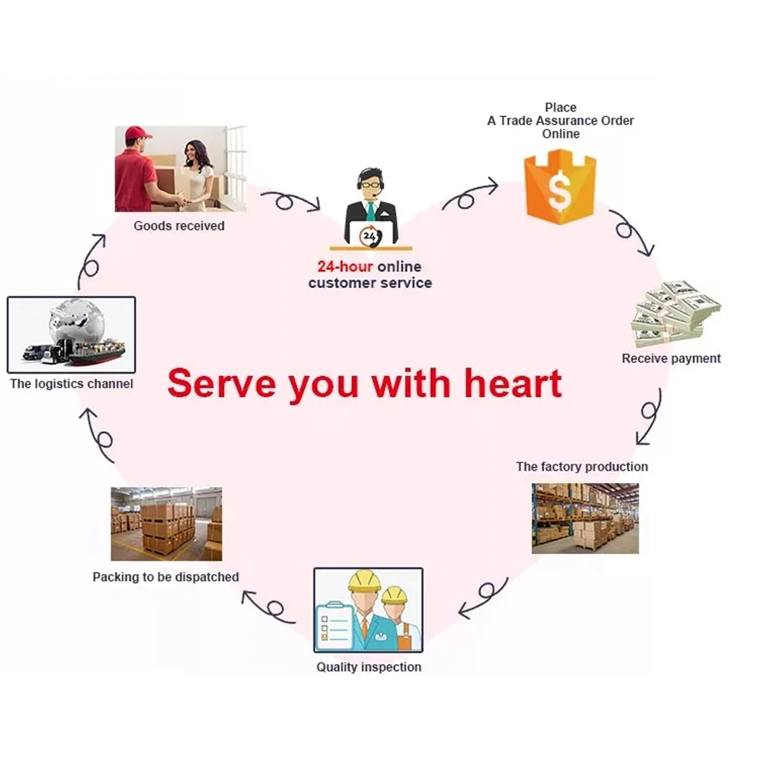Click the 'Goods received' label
coord(179,226)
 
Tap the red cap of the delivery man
coord(138,134)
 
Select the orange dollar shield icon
coord(560,187)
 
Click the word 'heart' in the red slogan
coord(514,383)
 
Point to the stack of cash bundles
coord(675,313)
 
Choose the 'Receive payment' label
coord(671,358)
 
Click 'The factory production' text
coord(582,467)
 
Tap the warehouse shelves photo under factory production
coord(585,518)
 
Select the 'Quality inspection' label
coord(368,666)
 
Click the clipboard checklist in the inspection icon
coord(336,624)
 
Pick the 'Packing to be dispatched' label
coord(166,577)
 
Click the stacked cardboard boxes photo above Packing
coord(166,523)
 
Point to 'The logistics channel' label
coord(71,383)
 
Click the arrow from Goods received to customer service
coord(289,201)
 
